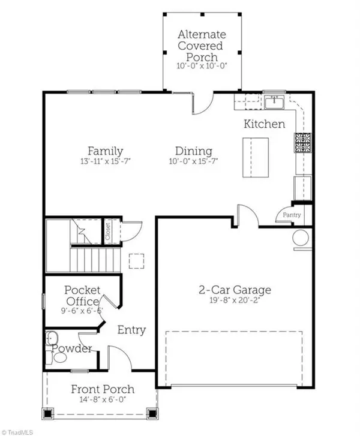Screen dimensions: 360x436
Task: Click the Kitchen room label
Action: (x=264, y=124)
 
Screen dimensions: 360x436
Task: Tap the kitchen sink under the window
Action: (x=274, y=103)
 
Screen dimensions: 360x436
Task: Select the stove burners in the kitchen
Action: (x=303, y=143)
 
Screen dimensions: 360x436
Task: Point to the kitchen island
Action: (x=256, y=157)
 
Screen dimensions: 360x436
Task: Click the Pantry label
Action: (x=292, y=215)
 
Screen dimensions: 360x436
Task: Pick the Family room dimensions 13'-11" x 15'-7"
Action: (x=106, y=161)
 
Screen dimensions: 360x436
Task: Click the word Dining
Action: (x=194, y=151)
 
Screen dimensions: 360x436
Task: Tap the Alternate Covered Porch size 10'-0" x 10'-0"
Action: (x=202, y=66)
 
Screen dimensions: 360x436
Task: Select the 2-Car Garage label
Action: (x=235, y=290)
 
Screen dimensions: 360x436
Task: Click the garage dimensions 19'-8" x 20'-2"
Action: (x=235, y=300)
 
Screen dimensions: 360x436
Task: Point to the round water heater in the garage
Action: (x=301, y=238)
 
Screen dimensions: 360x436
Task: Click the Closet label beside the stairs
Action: (x=108, y=231)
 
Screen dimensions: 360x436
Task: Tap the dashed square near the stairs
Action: (x=136, y=261)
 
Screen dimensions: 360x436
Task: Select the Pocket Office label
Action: (x=82, y=296)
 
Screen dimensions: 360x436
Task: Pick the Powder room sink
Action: (x=52, y=338)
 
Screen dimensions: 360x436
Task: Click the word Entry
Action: (x=131, y=330)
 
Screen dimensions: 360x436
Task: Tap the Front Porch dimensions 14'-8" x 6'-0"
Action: (x=103, y=399)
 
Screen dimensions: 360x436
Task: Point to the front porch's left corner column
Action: (x=48, y=414)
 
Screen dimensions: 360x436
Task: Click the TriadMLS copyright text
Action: (x=17, y=432)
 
